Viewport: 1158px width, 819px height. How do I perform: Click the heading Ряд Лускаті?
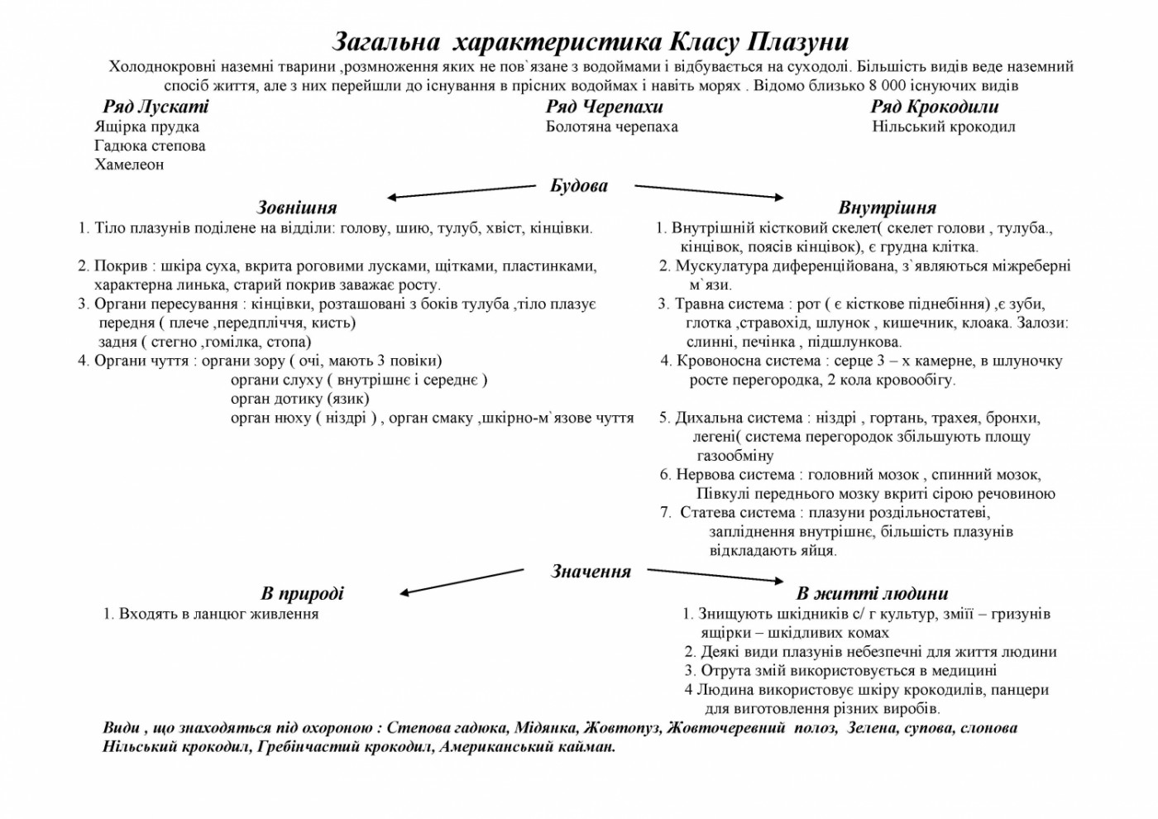[156, 107]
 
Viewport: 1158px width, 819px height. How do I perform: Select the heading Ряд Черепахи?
[604, 107]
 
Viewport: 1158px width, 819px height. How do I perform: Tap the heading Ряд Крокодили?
[934, 107]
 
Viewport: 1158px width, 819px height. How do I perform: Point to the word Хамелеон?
[129, 164]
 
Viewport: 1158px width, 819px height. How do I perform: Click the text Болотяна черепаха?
[611, 127]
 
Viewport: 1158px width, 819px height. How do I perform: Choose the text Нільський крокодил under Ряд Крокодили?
[944, 127]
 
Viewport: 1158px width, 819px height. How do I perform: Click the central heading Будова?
[579, 185]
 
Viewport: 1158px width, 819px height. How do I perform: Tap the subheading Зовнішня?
[297, 207]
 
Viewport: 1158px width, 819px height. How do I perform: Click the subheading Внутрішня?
[887, 207]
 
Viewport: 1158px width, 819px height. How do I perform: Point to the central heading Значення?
[591, 571]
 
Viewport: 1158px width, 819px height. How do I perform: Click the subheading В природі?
[302, 593]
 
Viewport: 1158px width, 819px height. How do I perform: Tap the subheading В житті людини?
[872, 593]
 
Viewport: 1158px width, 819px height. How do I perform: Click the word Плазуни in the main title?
[797, 41]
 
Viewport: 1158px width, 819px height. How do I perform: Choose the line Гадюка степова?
[150, 146]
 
